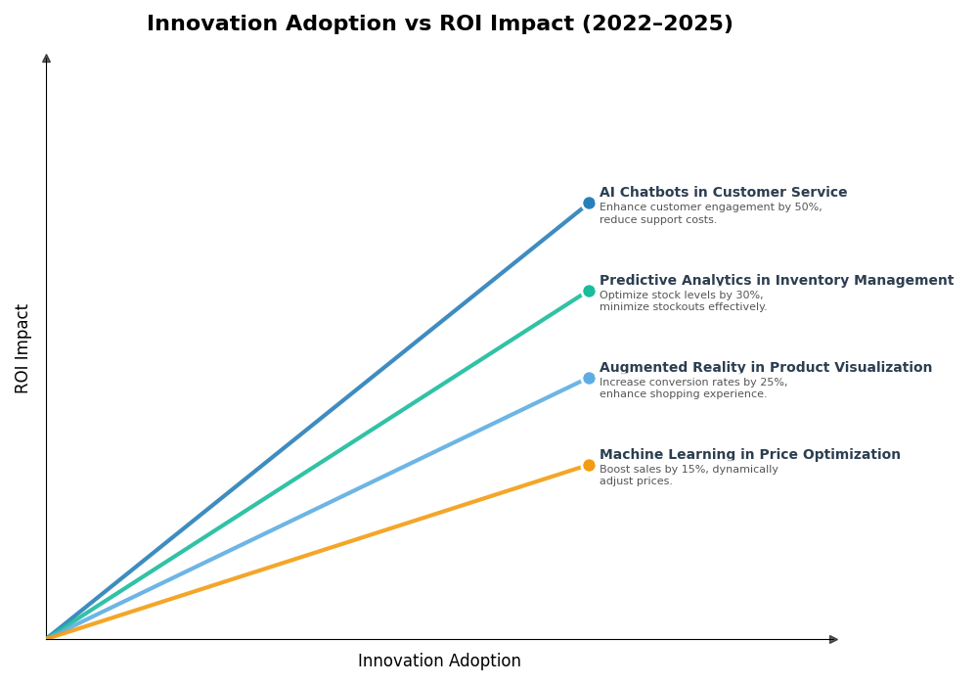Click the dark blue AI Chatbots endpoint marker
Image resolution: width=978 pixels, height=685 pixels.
(589, 204)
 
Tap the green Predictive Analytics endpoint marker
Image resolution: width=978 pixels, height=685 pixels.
(589, 291)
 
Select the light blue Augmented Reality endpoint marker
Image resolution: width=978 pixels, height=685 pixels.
(589, 378)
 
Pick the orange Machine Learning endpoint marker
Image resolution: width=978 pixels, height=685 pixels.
(589, 465)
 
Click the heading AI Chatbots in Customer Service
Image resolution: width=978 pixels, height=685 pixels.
(723, 193)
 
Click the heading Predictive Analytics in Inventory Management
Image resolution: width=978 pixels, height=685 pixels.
(776, 281)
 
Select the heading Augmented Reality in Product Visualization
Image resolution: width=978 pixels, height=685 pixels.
(765, 368)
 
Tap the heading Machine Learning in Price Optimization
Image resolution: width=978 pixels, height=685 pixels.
(749, 455)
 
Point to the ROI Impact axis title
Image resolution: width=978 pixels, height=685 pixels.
(22, 348)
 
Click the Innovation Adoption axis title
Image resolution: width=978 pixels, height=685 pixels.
(439, 662)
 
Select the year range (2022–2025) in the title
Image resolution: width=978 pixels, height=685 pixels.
(656, 24)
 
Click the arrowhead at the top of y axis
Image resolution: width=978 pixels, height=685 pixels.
(46, 59)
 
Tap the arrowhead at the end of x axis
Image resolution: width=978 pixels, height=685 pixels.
(833, 639)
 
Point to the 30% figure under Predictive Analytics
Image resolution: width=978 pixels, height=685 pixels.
(749, 296)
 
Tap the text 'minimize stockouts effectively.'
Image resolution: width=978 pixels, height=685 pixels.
(683, 307)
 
